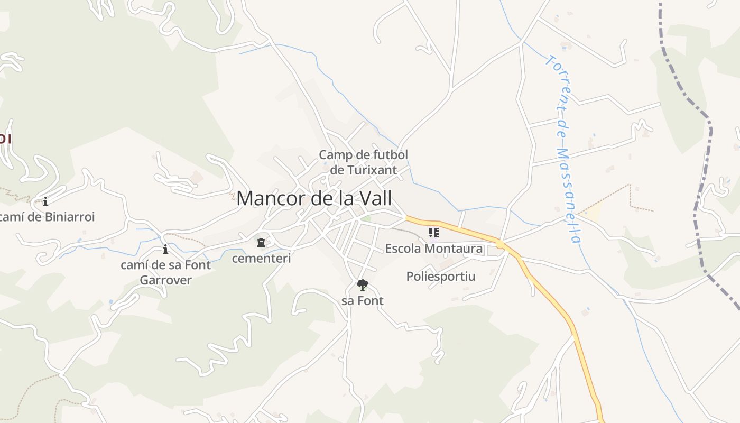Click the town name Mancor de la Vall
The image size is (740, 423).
pos(314,199)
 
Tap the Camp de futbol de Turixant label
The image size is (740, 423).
pos(363,162)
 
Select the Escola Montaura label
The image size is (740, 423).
pos(433,249)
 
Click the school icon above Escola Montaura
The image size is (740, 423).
pos(433,233)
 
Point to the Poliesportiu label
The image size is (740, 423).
pos(440,277)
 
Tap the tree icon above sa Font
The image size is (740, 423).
pos(362,286)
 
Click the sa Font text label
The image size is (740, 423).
pos(362,301)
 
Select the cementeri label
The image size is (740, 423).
pos(261,259)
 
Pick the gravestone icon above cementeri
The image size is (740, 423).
pos(261,243)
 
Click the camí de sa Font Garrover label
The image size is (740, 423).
pos(165,272)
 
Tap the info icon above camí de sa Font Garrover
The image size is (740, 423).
pos(165,249)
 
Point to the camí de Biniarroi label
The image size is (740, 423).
pos(48,217)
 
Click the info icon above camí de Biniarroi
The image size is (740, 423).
pos(45,201)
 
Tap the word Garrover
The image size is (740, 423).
pos(165,280)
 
